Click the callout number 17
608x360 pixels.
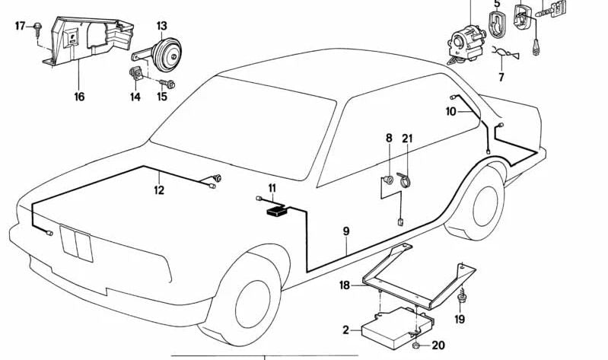(21, 26)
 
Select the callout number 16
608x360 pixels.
(79, 97)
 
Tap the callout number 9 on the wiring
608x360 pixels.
(346, 229)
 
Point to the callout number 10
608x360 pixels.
(450, 112)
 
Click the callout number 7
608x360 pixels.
(501, 77)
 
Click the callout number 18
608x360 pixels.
(344, 285)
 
